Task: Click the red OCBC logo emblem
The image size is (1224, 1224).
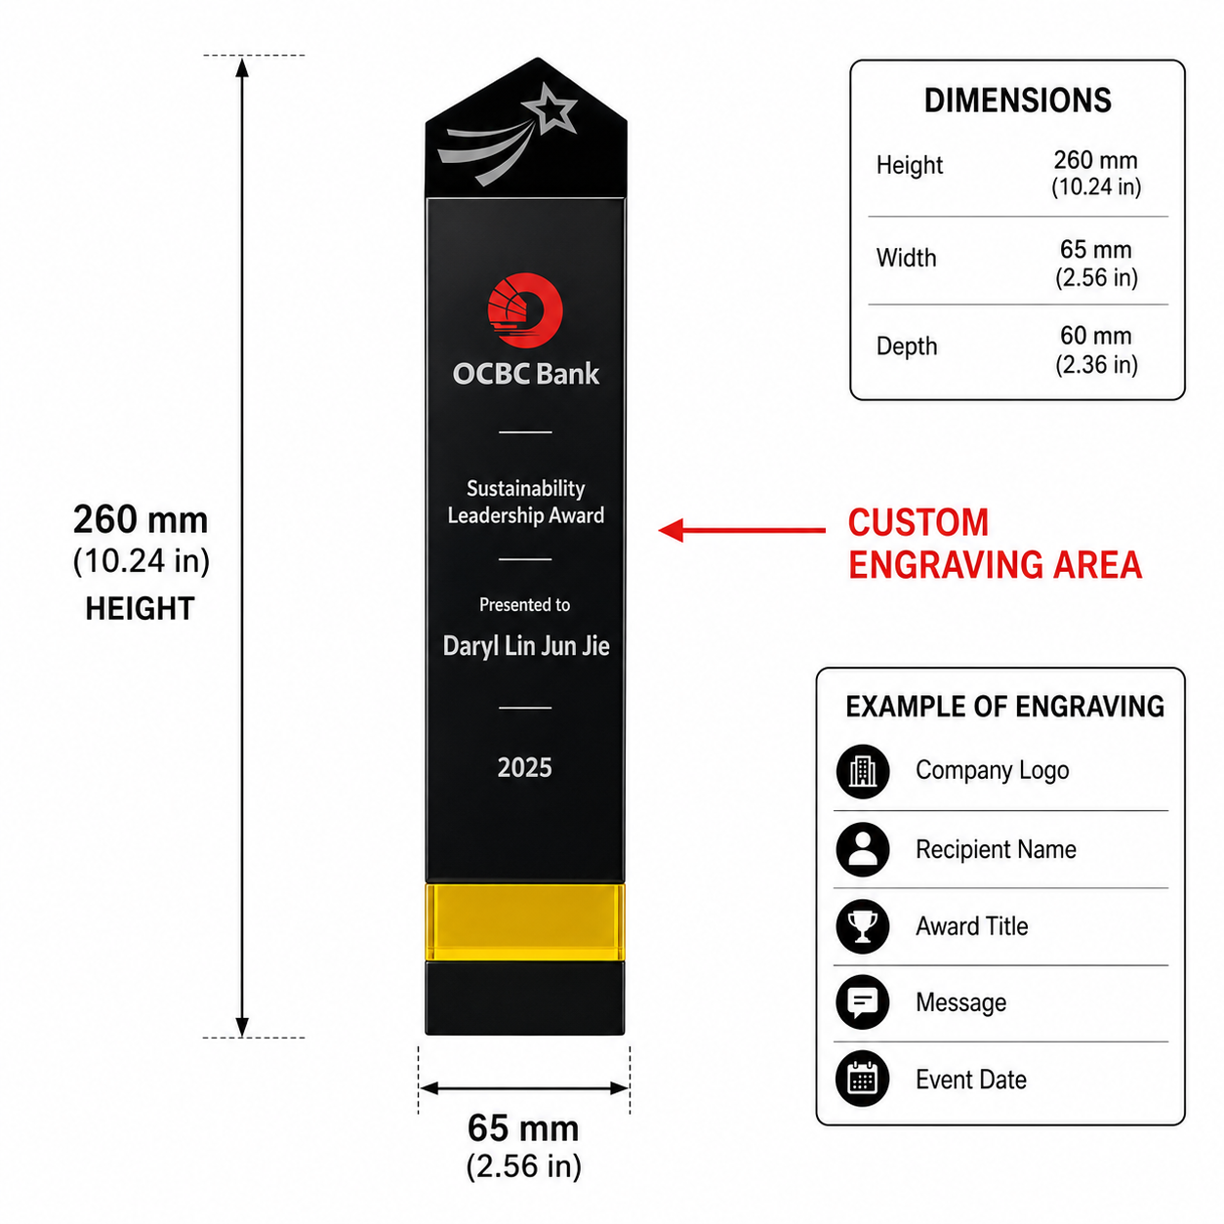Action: click(525, 310)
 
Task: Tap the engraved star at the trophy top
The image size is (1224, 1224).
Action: click(551, 109)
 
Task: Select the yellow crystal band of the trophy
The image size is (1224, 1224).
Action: click(525, 921)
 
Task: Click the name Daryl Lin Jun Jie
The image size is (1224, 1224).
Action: click(526, 646)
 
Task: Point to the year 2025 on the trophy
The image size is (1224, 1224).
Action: click(525, 767)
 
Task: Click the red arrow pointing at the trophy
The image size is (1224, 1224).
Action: click(741, 530)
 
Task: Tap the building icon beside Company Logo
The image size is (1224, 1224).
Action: click(863, 772)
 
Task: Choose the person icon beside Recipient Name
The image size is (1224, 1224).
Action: click(863, 849)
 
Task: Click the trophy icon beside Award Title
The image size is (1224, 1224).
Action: click(863, 926)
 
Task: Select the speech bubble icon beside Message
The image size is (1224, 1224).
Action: click(863, 1002)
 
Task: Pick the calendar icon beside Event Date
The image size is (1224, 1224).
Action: click(863, 1080)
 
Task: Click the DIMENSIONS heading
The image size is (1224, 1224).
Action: click(1018, 101)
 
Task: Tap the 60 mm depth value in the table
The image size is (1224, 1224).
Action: click(1096, 336)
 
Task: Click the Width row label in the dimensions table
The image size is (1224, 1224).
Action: click(907, 258)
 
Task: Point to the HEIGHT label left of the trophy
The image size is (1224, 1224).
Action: click(140, 608)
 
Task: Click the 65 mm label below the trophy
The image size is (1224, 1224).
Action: click(523, 1128)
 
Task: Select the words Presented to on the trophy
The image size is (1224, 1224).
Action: click(525, 605)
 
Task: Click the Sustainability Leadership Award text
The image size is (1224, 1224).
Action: click(526, 502)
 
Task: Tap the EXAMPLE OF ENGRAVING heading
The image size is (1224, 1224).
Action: click(1004, 707)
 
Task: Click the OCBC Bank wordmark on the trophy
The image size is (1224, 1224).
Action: click(526, 374)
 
